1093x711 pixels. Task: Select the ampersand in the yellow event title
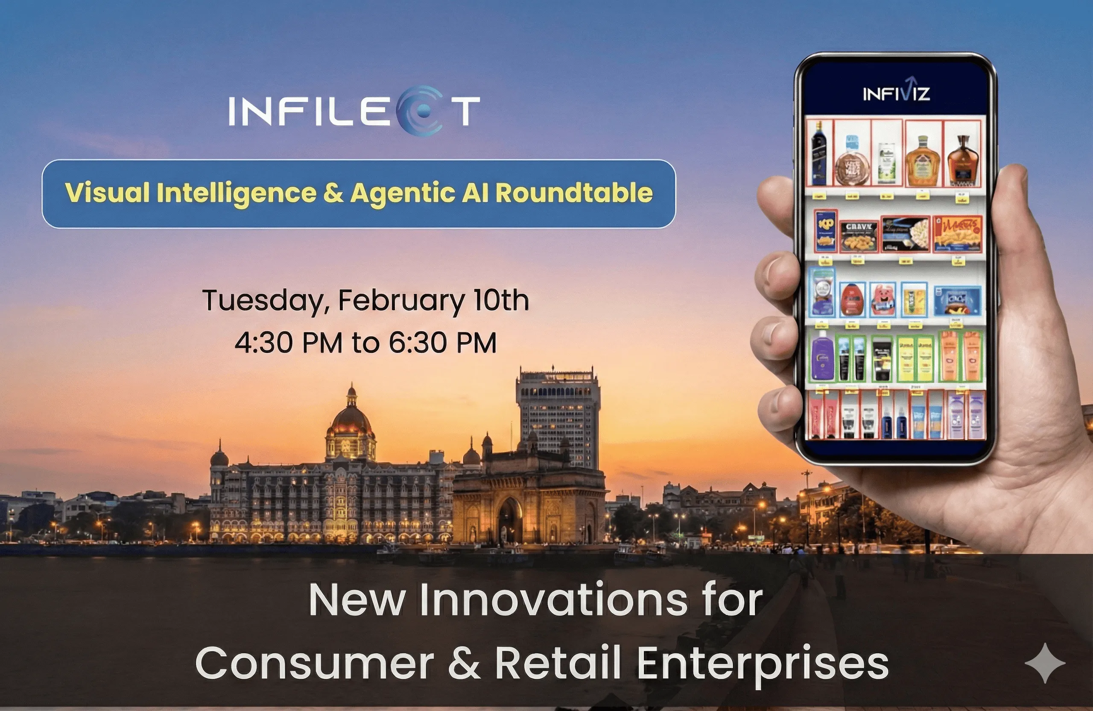tap(333, 193)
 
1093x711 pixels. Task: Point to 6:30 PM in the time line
tap(443, 343)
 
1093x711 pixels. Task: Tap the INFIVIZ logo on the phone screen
tap(896, 92)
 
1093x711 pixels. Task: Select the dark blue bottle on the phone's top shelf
tap(819, 154)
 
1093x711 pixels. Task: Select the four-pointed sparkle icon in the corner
tap(1045, 663)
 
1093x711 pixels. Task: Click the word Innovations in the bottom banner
tap(554, 600)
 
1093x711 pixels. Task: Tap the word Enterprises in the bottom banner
tap(763, 664)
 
